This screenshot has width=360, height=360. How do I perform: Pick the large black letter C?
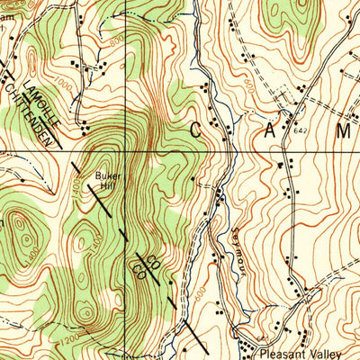point(201,130)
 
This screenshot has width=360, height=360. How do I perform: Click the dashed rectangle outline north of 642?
point(284,94)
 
